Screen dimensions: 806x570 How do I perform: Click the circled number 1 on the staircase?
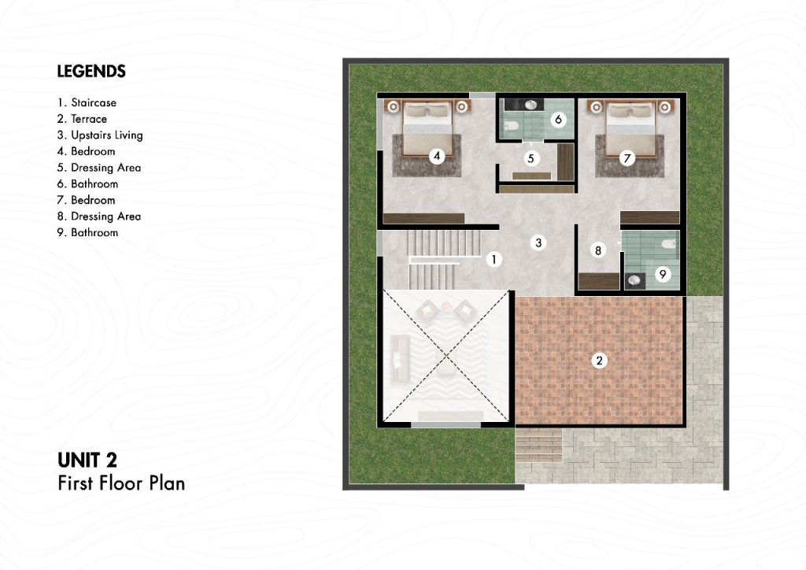[x=494, y=259]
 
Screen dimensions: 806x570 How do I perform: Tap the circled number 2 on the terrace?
[x=599, y=361]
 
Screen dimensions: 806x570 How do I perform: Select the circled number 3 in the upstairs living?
[x=538, y=242]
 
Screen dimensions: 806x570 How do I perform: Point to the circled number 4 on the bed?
[x=437, y=156]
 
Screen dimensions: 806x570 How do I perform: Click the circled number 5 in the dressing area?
[x=531, y=158]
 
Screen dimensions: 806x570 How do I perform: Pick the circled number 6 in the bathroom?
[x=558, y=120]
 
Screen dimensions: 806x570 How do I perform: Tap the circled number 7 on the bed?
[x=627, y=158]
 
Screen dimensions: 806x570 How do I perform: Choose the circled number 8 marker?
[x=598, y=250]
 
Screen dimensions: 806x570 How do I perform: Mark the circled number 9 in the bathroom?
[x=663, y=274]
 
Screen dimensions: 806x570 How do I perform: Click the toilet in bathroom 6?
[x=510, y=126]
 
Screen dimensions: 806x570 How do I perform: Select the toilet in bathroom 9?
[x=669, y=243]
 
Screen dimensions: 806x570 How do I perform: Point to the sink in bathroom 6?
[x=531, y=105]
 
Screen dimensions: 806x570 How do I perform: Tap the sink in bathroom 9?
[x=635, y=280]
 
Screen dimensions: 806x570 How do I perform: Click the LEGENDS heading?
[x=91, y=72]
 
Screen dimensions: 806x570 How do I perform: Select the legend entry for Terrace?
[x=82, y=119]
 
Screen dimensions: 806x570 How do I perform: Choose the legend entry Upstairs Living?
[x=100, y=135]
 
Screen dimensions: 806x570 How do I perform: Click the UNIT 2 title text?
[x=87, y=460]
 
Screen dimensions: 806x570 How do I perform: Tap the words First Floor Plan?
[x=121, y=483]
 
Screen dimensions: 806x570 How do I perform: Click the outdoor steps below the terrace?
[x=538, y=446]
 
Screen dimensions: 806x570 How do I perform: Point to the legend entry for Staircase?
[x=87, y=103]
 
